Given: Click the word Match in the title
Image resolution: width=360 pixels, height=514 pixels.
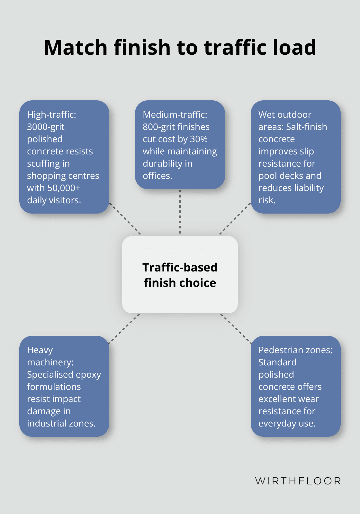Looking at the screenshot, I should (x=76, y=47).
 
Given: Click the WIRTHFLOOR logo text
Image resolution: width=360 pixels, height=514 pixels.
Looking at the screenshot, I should (x=298, y=481).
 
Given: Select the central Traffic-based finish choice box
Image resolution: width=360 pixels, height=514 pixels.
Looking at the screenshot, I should (x=180, y=275).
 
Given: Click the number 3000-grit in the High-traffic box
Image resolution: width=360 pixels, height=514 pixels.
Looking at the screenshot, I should (x=46, y=127).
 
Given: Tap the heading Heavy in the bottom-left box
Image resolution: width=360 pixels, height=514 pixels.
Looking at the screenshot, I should (x=40, y=350).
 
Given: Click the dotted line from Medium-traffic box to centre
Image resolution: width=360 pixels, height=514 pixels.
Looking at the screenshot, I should (x=180, y=212).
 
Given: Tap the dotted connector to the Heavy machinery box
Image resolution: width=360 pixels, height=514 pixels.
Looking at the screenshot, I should (x=124, y=328).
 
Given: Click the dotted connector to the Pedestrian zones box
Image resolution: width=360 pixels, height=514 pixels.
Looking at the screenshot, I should (x=236, y=328).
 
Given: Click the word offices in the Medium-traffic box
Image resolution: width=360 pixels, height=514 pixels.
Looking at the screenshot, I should (x=157, y=176).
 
